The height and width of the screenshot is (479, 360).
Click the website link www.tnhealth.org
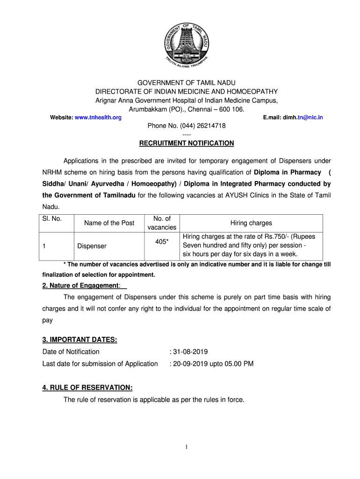pyautogui.click(x=98, y=117)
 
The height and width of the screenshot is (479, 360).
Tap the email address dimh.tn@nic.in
pyautogui.click(x=302, y=117)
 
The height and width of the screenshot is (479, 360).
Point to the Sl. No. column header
pyautogui.click(x=52, y=218)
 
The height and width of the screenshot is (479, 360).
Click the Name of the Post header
pyautogui.click(x=109, y=223)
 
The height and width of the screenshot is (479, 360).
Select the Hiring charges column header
pyautogui.click(x=251, y=223)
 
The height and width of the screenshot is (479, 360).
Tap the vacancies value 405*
pyautogui.click(x=162, y=241)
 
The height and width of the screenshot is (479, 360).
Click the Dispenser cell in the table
pyautogui.click(x=92, y=246)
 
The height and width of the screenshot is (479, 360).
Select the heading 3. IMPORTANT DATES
pyautogui.click(x=79, y=340)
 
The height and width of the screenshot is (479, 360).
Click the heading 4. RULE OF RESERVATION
pyautogui.click(x=87, y=388)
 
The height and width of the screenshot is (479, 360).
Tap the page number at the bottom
pyautogui.click(x=187, y=448)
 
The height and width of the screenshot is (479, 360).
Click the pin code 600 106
pyautogui.click(x=232, y=109)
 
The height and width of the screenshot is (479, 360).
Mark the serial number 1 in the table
pyautogui.click(x=44, y=246)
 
